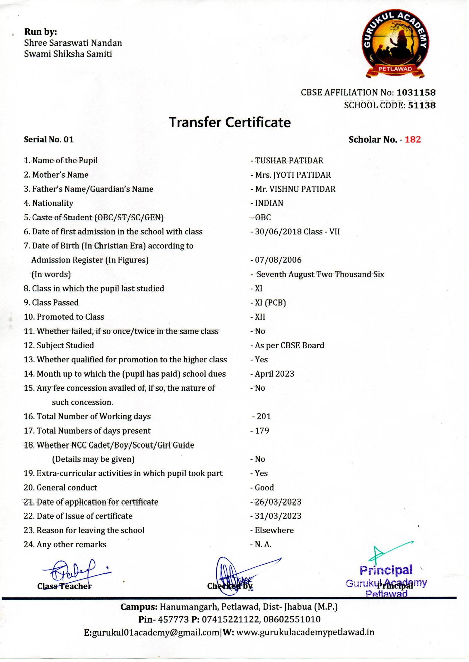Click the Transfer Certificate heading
click(230, 122)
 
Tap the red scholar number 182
click(413, 140)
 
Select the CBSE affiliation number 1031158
click(416, 92)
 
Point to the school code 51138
click(422, 105)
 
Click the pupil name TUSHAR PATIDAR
click(289, 161)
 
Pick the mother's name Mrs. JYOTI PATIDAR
click(293, 175)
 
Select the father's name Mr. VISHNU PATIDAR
click(295, 189)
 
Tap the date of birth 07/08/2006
click(278, 260)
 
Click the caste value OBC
click(263, 217)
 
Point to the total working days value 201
click(264, 416)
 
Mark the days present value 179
click(262, 431)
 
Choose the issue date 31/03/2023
click(278, 516)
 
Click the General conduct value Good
click(264, 487)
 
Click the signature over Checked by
click(232, 575)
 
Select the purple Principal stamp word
click(386, 570)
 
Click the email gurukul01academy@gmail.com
click(155, 632)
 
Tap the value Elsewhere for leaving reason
click(274, 530)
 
